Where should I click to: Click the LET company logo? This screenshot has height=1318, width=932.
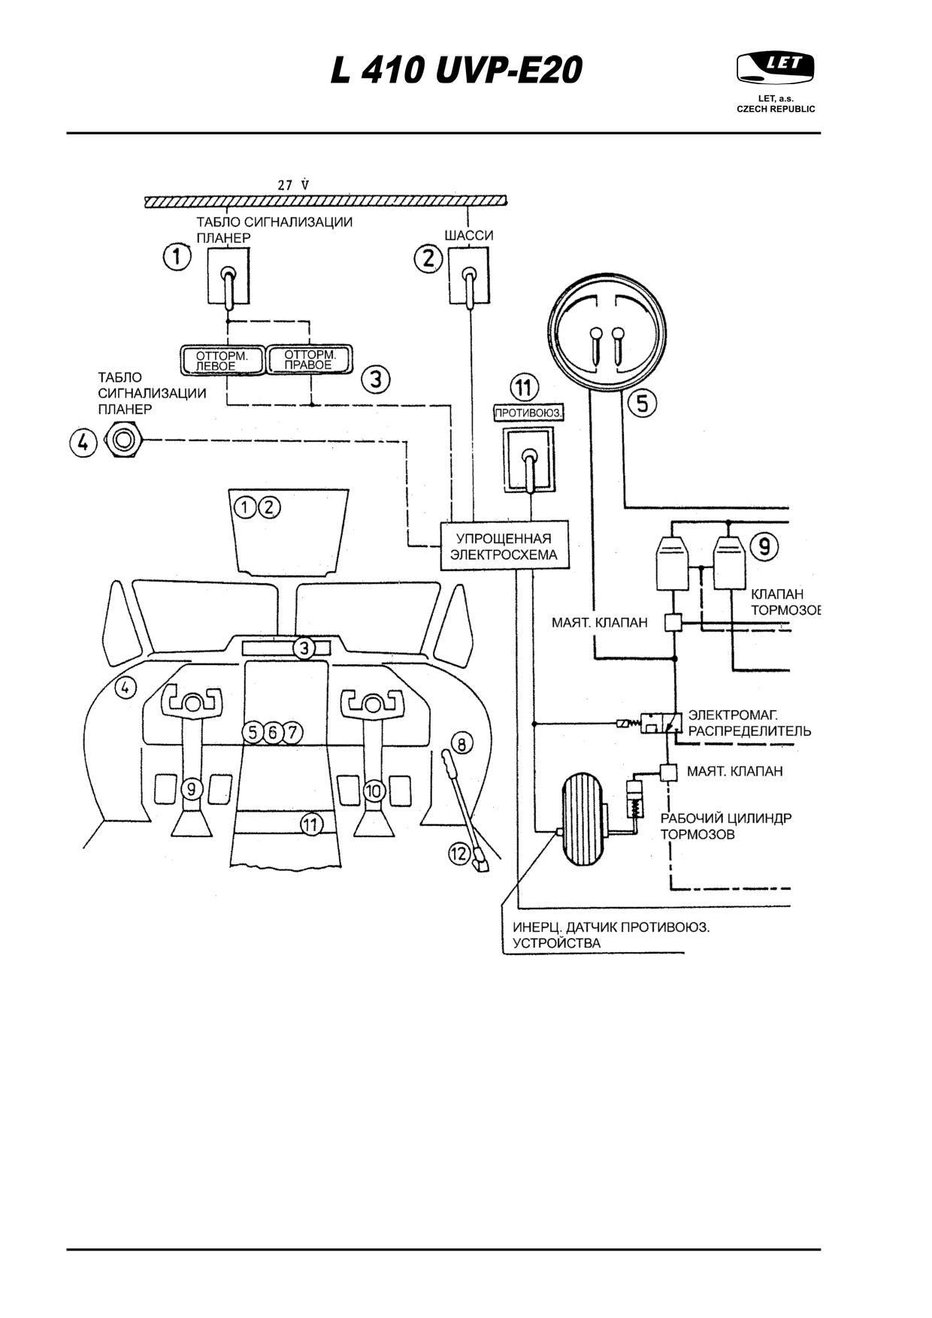[776, 68]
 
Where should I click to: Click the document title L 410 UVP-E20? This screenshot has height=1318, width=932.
[457, 71]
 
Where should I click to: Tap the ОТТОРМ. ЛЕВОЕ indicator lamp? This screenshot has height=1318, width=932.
[222, 360]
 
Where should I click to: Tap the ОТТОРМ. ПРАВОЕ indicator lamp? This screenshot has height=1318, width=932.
[310, 359]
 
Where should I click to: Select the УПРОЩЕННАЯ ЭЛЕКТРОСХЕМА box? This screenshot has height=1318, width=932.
[504, 546]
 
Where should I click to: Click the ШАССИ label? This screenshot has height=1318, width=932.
[469, 235]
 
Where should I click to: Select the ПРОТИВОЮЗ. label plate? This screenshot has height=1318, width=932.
[529, 413]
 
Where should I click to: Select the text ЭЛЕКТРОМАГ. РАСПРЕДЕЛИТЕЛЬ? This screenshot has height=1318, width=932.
[749, 723]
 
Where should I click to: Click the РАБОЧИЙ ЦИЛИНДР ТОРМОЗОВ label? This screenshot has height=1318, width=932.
[726, 826]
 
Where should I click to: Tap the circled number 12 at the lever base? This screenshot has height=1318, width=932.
[460, 854]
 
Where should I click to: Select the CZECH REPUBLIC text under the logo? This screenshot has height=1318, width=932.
[776, 108]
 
